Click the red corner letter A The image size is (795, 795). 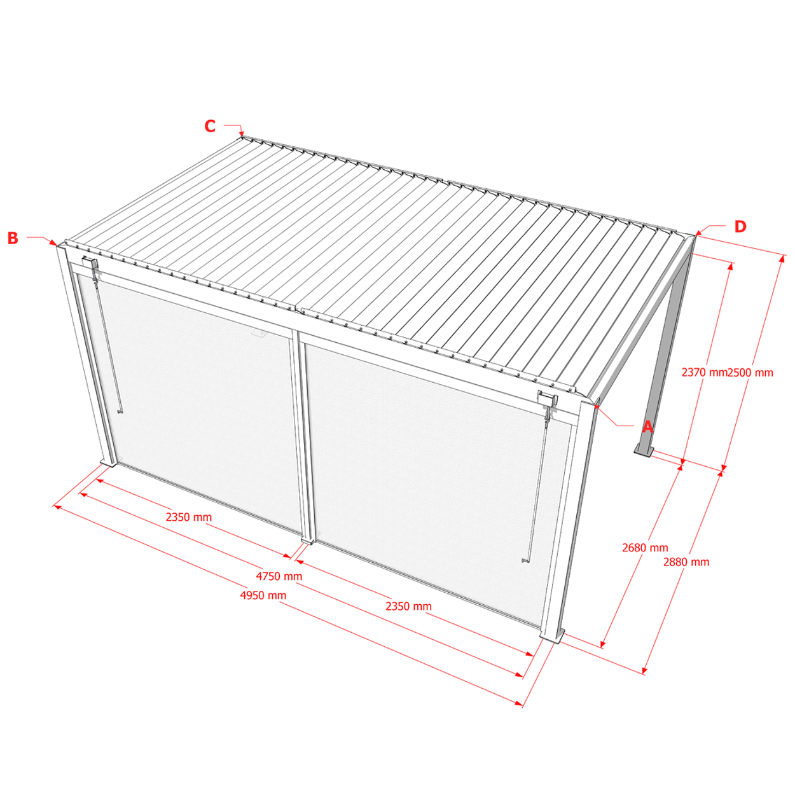[647, 427]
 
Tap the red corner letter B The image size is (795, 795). [13, 238]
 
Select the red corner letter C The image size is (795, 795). [210, 126]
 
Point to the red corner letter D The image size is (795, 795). [740, 226]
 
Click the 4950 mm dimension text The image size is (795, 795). [263, 595]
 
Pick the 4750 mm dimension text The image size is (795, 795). [279, 576]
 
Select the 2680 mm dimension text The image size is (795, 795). [646, 548]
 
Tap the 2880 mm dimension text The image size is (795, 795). [686, 562]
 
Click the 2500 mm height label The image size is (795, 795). [750, 373]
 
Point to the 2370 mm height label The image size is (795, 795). [704, 373]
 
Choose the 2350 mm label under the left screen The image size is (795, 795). [189, 517]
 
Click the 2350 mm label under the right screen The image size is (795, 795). [408, 606]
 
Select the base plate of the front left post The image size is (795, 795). [108, 463]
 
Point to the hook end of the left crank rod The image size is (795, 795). [120, 411]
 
